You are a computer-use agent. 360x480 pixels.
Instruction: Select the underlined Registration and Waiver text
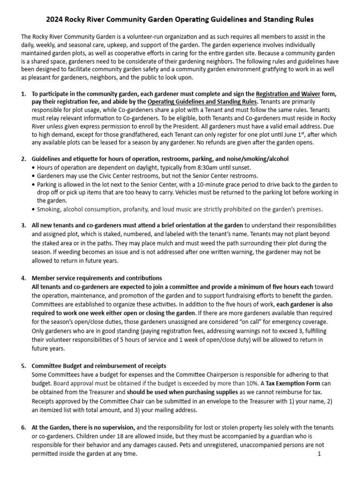click(x=288, y=94)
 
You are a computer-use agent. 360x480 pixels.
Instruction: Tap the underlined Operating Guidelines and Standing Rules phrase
click(x=202, y=102)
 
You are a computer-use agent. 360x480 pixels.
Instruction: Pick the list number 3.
click(x=23, y=225)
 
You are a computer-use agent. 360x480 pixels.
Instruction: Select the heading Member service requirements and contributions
click(x=97, y=278)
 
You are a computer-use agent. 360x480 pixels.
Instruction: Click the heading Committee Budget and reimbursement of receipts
click(x=99, y=366)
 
